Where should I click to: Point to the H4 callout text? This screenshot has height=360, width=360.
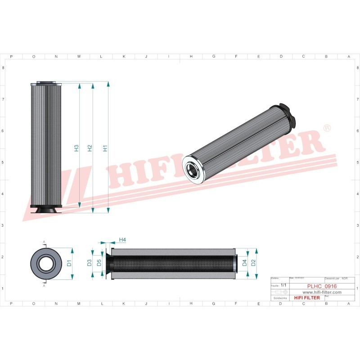click(122, 240)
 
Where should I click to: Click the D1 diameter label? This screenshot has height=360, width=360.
click(69, 263)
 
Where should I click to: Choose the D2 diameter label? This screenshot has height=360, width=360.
click(253, 263)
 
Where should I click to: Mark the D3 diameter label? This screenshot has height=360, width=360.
click(89, 263)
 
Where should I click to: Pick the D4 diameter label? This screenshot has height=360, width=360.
click(244, 263)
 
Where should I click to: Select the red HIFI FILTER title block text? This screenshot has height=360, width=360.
click(306, 298)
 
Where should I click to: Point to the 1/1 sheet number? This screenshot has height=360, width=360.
click(283, 285)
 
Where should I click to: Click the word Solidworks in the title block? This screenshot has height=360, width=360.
click(280, 298)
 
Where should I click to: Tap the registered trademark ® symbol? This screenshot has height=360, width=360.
click(327, 129)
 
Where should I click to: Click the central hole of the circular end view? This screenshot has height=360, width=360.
click(44, 263)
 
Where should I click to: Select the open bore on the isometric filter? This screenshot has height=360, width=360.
click(193, 170)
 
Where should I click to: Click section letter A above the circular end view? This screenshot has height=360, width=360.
click(44, 243)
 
